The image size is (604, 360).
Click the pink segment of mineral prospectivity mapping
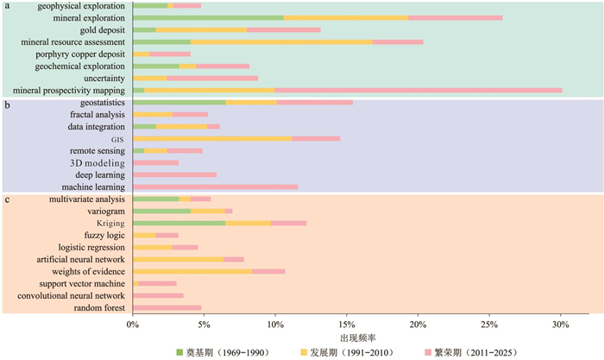click(418, 90)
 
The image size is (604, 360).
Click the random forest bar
click(167, 307)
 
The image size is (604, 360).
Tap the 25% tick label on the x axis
click(488, 324)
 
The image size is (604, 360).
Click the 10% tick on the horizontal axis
click(274, 324)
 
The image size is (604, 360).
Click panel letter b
click(7, 104)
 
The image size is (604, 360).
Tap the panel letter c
click(7, 200)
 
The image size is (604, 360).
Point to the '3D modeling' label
click(98, 162)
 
